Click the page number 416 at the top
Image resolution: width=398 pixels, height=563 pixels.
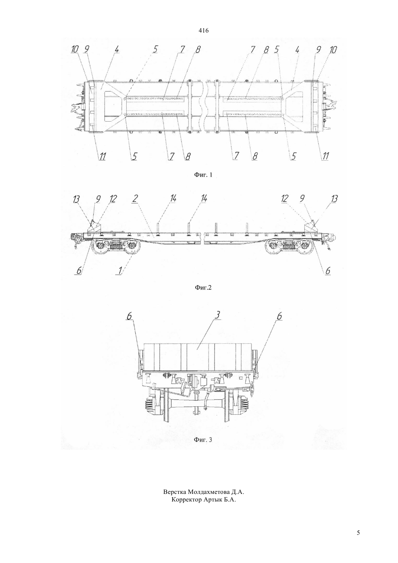(x=203, y=31)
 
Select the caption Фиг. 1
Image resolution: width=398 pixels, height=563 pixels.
(x=203, y=175)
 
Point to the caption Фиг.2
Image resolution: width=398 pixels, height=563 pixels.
(x=203, y=287)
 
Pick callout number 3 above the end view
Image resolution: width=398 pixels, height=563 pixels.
(x=218, y=315)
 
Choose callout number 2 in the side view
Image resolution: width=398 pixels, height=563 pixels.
(x=135, y=199)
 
